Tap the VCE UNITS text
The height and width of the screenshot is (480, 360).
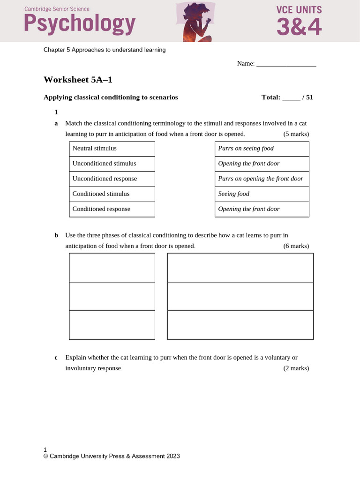pos(299,9)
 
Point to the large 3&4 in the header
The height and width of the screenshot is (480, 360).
pos(299,27)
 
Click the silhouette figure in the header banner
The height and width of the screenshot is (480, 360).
pos(195,21)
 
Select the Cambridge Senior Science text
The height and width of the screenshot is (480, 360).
pos(57,9)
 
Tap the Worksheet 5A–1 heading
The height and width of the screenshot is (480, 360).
pos(78,80)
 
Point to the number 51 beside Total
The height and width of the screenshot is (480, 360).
pos(309,97)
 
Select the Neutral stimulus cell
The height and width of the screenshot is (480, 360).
pos(112,148)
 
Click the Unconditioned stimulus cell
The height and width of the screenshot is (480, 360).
pos(112,164)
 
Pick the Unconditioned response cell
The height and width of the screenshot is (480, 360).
pos(112,179)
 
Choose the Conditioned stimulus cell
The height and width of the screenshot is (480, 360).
pos(112,194)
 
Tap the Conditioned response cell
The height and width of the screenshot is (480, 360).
pos(112,209)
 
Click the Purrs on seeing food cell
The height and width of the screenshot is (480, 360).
pos(262,148)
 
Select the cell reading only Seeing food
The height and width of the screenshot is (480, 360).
pos(262,194)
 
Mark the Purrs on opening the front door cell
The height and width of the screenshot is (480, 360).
pos(262,179)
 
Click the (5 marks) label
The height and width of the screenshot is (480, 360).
pos(296,134)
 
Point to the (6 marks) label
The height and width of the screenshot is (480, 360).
pos(296,246)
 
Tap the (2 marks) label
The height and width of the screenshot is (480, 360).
pos(296,368)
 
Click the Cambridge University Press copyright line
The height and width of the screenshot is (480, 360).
pos(112,456)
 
